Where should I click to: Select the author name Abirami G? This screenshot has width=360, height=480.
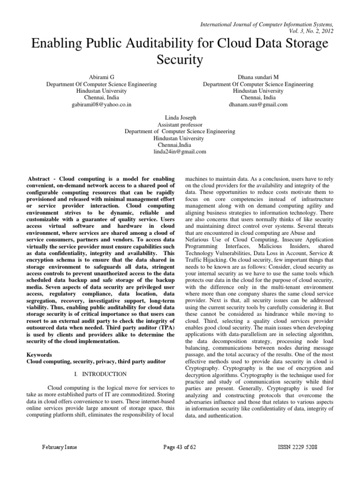click(101, 76)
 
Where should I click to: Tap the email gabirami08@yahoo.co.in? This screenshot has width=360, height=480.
click(101, 105)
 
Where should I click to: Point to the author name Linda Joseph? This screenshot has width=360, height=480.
click(180, 118)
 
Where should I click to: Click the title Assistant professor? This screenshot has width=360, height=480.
click(180, 125)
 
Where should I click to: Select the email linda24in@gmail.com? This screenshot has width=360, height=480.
click(180, 152)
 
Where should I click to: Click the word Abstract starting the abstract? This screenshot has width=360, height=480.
click(40, 180)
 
